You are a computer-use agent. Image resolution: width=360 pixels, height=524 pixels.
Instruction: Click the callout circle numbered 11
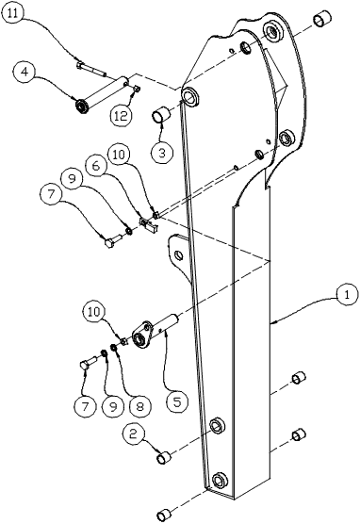pyautogui.click(x=12, y=12)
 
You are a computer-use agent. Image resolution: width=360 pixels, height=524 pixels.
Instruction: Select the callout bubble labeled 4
pyautogui.click(x=25, y=72)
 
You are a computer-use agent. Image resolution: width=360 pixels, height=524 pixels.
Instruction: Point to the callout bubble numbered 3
pyautogui.click(x=162, y=153)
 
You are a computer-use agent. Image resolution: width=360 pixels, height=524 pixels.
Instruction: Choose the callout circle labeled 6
pyautogui.click(x=96, y=166)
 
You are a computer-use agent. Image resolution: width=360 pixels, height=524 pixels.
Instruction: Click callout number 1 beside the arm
pyautogui.click(x=348, y=294)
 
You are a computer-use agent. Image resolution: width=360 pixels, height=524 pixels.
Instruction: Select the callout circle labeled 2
pyautogui.click(x=134, y=434)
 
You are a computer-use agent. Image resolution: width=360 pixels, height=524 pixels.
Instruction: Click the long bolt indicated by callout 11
pyautogui.click(x=90, y=68)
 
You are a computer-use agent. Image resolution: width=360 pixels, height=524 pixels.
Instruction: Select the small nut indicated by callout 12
pyautogui.click(x=137, y=89)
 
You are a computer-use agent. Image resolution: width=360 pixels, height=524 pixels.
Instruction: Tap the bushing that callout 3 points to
pyautogui.click(x=162, y=115)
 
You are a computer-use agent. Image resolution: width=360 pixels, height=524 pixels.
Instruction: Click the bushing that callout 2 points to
pyautogui.click(x=164, y=457)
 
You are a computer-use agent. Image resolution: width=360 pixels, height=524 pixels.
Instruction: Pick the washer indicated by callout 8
pyautogui.click(x=115, y=348)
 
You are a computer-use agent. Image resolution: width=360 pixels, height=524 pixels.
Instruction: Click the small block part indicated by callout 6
pyautogui.click(x=148, y=224)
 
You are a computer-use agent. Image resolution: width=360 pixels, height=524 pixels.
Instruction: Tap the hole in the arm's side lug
pyautogui.click(x=179, y=255)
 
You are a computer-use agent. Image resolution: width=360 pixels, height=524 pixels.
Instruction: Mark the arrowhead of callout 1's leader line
pyautogui.click(x=271, y=323)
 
